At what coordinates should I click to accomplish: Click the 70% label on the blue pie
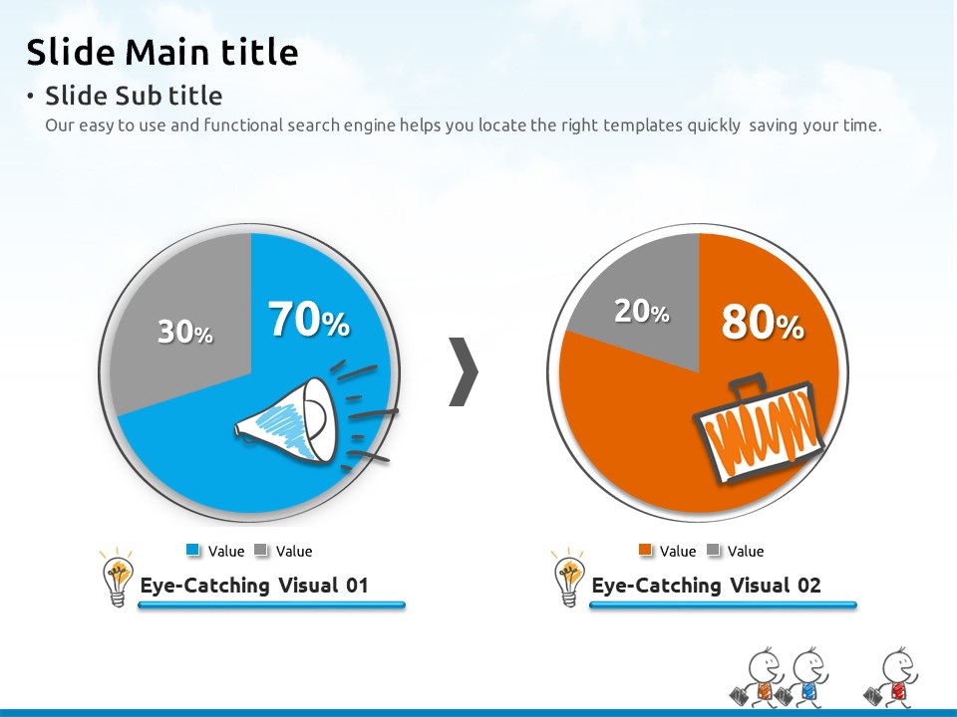(309, 319)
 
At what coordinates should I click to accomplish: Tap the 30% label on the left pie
(185, 332)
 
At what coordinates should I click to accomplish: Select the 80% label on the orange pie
(763, 322)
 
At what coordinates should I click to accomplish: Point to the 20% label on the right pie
(641, 311)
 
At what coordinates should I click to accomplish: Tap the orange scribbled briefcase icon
(759, 429)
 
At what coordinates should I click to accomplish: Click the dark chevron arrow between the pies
(464, 371)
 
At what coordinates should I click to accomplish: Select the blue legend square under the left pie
(192, 550)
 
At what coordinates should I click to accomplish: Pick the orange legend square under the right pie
(645, 550)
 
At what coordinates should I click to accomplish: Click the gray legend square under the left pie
(260, 550)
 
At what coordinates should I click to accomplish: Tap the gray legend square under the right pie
(713, 550)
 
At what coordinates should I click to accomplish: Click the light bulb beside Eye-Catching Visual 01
(118, 578)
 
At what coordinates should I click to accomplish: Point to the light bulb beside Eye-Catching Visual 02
(569, 578)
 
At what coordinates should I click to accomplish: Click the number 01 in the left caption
(357, 586)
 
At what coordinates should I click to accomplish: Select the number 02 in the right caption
(808, 586)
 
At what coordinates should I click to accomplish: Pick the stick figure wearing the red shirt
(892, 678)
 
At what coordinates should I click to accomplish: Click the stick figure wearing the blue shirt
(803, 678)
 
